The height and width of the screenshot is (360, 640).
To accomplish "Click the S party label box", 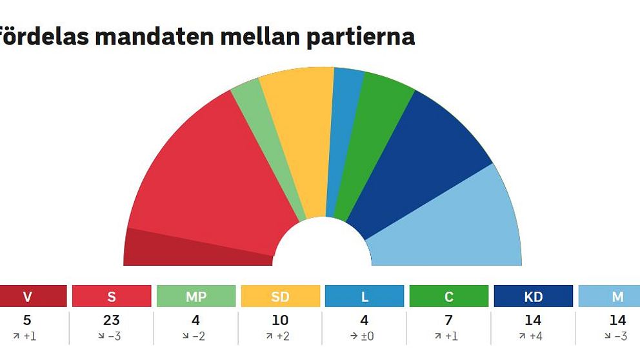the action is pyautogui.click(x=112, y=296).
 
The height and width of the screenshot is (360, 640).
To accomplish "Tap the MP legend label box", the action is pyautogui.click(x=196, y=296).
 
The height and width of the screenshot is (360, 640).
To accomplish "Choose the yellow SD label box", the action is pyautogui.click(x=281, y=296).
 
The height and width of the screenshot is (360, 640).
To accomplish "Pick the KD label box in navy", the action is pyautogui.click(x=533, y=296).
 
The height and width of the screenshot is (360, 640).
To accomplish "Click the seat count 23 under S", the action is pyautogui.click(x=112, y=321).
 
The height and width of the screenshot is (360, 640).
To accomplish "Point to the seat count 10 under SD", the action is pyautogui.click(x=280, y=321).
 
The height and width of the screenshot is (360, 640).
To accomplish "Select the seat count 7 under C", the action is pyautogui.click(x=448, y=321).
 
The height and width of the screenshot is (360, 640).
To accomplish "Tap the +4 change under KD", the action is pyautogui.click(x=533, y=336).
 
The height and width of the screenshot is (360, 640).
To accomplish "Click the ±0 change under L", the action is pyautogui.click(x=362, y=336).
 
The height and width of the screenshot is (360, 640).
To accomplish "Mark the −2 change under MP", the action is pyautogui.click(x=194, y=336).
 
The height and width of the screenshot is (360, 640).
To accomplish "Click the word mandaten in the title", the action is pyautogui.click(x=154, y=36).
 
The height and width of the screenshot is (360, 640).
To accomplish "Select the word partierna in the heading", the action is pyautogui.click(x=361, y=37).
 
